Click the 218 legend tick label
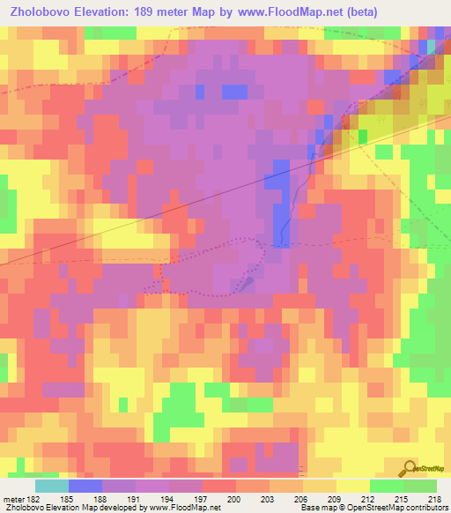click(x=436, y=499)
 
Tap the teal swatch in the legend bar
click(x=52, y=486)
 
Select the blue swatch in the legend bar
click(x=85, y=486)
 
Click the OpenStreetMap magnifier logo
click(x=409, y=470)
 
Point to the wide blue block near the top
click(x=234, y=91)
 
